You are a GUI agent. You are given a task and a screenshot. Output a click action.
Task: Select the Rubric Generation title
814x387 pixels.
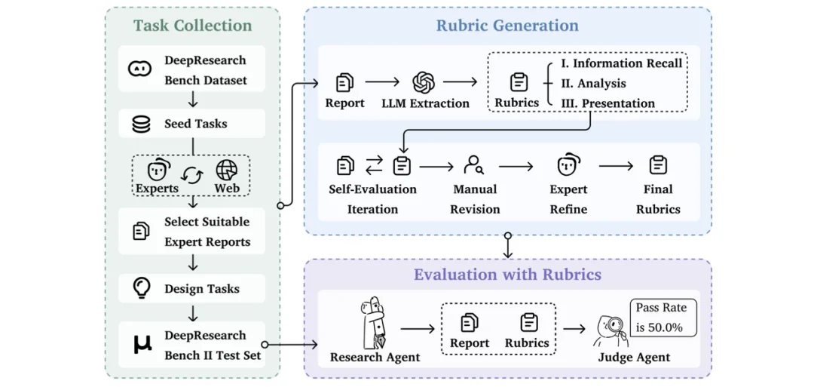pyautogui.click(x=507, y=26)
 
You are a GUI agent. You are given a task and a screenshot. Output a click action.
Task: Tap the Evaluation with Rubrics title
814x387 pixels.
pyautogui.click(x=507, y=275)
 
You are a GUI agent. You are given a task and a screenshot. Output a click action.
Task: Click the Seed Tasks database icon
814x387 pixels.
pyautogui.click(x=141, y=124)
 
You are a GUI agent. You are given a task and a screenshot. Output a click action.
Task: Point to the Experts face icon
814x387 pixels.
pyautogui.click(x=157, y=170)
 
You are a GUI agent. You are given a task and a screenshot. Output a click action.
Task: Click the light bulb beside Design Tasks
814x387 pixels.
pyautogui.click(x=141, y=287)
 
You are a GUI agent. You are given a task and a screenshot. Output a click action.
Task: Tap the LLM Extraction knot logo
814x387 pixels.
pyautogui.click(x=424, y=82)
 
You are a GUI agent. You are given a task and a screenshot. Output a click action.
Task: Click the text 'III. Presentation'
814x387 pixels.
pyautogui.click(x=607, y=103)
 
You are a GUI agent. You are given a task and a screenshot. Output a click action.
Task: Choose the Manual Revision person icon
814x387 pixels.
pyautogui.click(x=474, y=165)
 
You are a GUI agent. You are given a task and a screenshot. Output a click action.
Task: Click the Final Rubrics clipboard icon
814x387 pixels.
pyautogui.click(x=658, y=165)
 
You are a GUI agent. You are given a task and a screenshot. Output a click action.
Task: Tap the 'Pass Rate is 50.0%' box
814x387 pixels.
pyautogui.click(x=663, y=318)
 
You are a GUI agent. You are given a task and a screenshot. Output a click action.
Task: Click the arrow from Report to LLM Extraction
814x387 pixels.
pyautogui.click(x=382, y=83)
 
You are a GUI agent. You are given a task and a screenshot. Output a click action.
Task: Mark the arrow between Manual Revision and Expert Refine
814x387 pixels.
pyautogui.click(x=516, y=166)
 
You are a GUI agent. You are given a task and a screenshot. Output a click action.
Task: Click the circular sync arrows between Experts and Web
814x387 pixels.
pyautogui.click(x=192, y=175)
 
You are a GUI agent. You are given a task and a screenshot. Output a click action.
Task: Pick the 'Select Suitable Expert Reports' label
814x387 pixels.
pyautogui.click(x=207, y=232)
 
